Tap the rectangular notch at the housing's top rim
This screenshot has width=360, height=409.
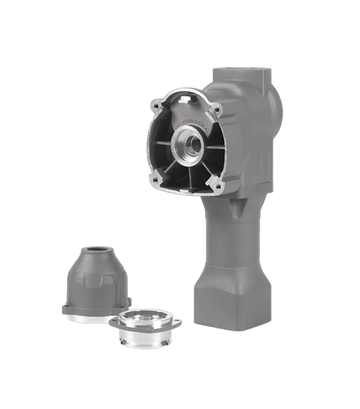pos(185,98)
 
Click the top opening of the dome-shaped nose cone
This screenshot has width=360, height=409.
pos(97,248)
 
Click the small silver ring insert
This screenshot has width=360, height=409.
pos(146,329)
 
